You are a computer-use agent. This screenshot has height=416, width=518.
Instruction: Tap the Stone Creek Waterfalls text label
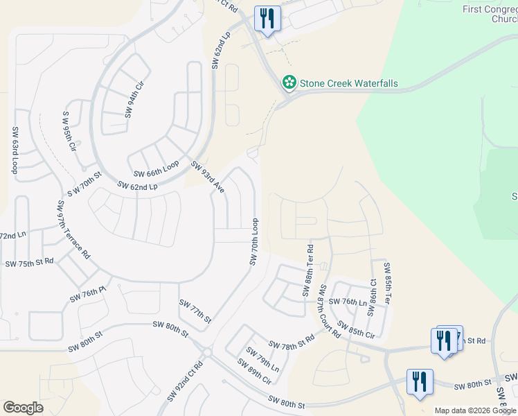coord(348,83)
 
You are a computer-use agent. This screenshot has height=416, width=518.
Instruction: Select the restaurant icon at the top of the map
coord(267,19)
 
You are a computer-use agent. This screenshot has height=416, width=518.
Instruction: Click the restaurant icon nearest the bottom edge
coord(420,382)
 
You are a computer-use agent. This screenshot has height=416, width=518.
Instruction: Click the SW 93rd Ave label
coord(208,177)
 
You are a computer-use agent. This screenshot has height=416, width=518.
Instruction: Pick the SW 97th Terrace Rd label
coord(74,229)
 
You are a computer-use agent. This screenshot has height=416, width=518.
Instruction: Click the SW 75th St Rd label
coord(29,263)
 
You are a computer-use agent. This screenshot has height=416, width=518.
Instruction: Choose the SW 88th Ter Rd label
coord(308,271)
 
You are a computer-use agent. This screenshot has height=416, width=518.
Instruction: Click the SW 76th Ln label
coord(347,302)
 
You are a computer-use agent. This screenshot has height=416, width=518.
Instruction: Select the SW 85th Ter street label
coord(387,284)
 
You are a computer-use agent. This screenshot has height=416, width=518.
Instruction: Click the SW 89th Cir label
coord(253,371)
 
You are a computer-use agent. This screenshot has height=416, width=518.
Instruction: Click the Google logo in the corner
coord(23,408)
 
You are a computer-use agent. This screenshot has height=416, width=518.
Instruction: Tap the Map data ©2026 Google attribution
coord(476,410)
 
